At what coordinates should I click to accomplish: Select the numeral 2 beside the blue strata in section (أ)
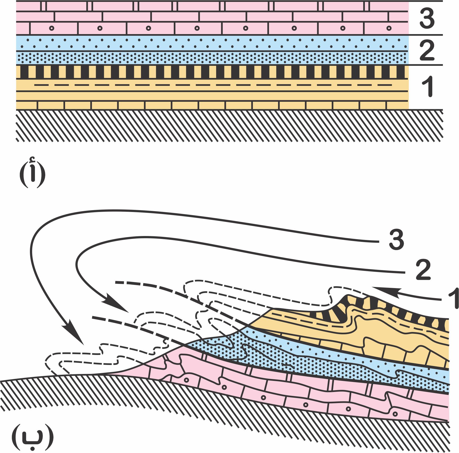(427, 50)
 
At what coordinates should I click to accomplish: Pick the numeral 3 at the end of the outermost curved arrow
(396, 240)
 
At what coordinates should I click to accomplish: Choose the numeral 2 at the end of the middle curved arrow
(423, 270)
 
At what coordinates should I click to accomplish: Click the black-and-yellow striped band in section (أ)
(212, 72)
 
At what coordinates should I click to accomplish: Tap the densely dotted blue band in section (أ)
(212, 58)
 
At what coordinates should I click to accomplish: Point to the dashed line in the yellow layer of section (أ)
(212, 85)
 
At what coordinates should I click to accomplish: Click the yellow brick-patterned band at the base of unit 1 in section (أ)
(212, 105)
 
